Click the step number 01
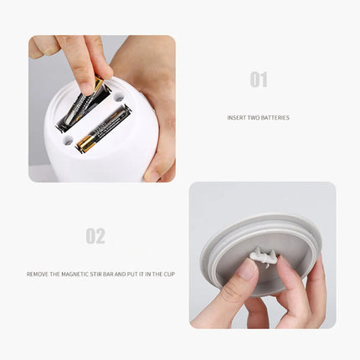258,80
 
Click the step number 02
95,236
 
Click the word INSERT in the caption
237,118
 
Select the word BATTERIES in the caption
275,118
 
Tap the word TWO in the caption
254,118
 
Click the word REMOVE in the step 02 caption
39,274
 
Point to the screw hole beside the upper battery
119,97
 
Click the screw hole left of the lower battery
67,140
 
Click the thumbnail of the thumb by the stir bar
248,270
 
